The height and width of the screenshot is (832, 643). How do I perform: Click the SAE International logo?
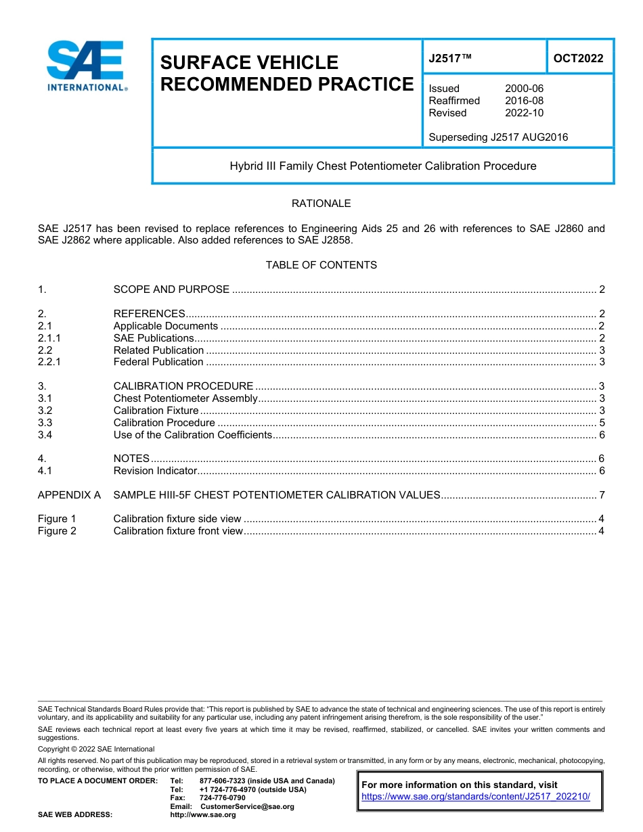86,66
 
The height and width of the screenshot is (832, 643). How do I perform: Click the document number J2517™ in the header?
449,58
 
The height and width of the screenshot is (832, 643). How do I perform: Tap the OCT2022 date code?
578,58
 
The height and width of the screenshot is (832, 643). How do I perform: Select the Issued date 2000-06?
523,89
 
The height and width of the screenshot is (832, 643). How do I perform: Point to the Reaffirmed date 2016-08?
523,101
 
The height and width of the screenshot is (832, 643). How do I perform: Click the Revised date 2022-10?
523,113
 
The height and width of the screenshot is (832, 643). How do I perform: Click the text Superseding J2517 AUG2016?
498,137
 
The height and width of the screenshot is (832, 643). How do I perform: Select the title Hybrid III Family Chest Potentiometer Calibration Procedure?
382,166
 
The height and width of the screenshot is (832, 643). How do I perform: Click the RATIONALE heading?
321,204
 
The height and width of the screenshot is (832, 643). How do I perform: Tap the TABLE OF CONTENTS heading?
321,265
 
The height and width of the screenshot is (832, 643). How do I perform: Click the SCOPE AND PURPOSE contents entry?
171,290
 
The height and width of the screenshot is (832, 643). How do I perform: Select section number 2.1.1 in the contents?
49,338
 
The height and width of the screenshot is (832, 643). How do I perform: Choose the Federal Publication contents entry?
158,362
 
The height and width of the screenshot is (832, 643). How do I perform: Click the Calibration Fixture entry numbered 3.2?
156,411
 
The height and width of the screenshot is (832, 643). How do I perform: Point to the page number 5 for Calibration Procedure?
602,423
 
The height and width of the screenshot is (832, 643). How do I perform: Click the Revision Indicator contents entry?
155,471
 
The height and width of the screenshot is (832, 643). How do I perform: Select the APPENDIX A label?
69,495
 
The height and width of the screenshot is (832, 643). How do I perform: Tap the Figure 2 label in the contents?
57,531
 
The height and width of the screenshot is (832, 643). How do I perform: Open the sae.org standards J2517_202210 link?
476,797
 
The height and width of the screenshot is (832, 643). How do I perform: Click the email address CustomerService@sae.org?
247,806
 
